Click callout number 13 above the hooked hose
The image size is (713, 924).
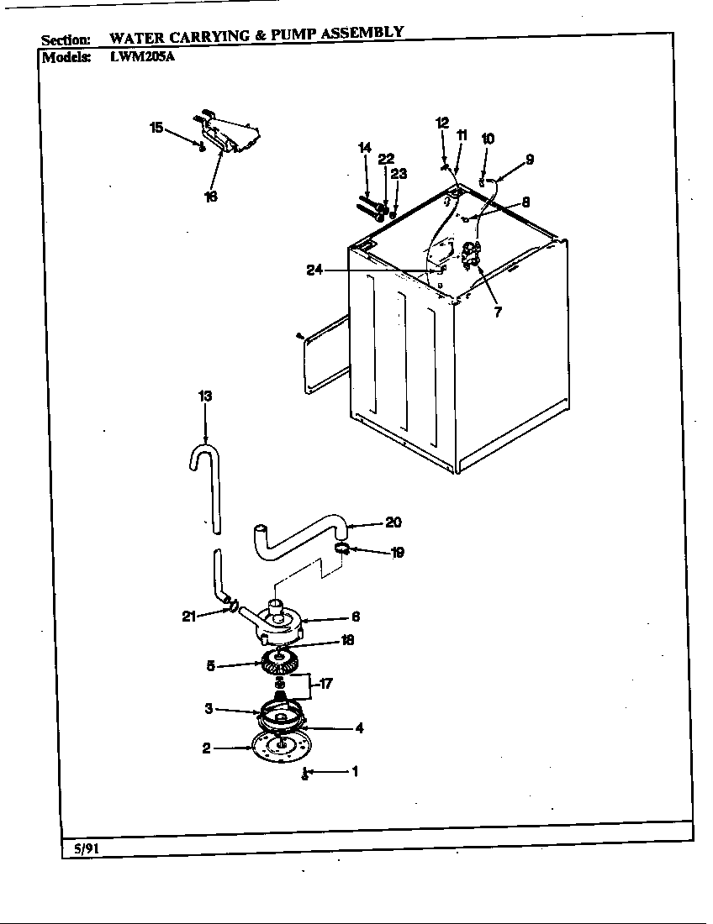[x=205, y=396]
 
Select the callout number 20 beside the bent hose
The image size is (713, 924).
[x=393, y=522]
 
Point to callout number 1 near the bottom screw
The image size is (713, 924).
[x=354, y=770]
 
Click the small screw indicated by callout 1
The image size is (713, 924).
[x=305, y=773]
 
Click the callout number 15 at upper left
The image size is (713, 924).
[x=156, y=128]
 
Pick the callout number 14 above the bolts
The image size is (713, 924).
[x=365, y=148]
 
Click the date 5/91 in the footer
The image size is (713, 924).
[x=82, y=848]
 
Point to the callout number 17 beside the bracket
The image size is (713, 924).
[x=325, y=684]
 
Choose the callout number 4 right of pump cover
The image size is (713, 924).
[x=359, y=728]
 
